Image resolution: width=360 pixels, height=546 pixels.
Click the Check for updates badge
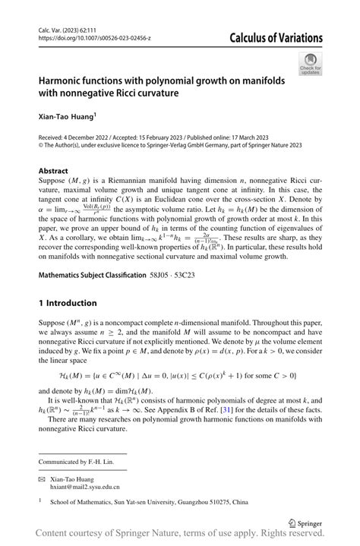pos(311,65)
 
